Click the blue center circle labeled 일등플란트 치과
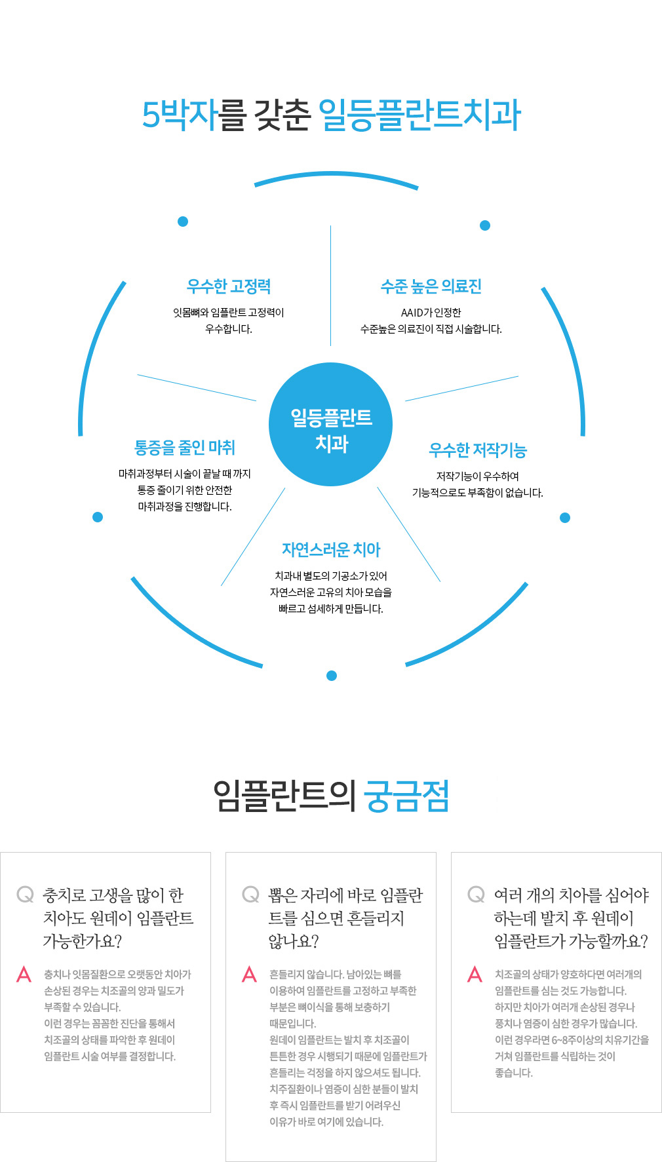coord(331,424)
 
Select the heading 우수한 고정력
coord(229,286)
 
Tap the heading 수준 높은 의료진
coord(431,286)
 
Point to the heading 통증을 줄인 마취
coord(185,448)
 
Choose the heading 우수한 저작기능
coord(478,450)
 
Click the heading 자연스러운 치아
coord(331,550)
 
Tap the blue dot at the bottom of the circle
coord(332,676)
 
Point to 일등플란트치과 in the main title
coord(419,115)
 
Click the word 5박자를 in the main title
coord(194,115)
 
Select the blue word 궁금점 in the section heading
coord(406,796)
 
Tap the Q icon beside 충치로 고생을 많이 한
coord(25,895)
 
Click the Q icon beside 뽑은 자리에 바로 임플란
coord(250,895)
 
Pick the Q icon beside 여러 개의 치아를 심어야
coord(476,895)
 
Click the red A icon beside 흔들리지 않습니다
coord(249,974)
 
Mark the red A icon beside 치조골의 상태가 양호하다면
coord(475,974)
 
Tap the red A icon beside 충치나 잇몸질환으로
coord(24,974)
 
